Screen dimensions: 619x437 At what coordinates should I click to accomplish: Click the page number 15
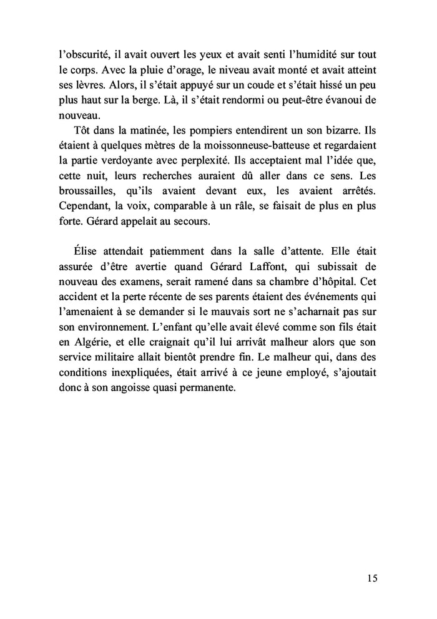pyautogui.click(x=372, y=577)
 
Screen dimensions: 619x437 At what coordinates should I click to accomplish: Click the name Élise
pyautogui.click(x=82, y=253)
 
